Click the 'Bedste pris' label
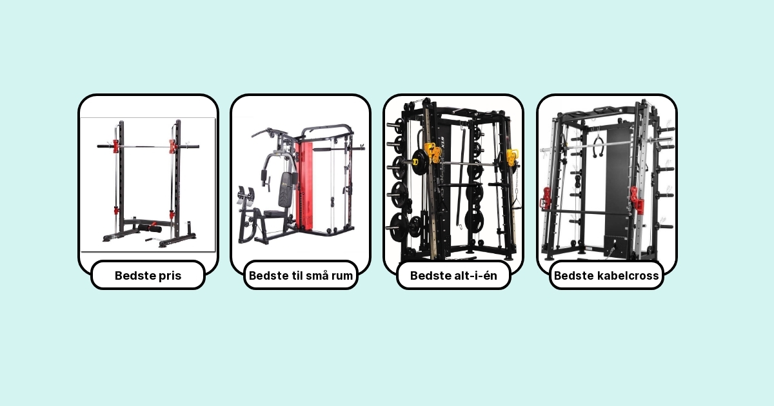148,275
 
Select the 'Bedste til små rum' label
301,275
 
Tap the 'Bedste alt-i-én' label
453,275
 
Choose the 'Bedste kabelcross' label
606,275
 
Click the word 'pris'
170,276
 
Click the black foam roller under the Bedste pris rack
150,228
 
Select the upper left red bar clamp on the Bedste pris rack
115,146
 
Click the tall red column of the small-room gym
304,186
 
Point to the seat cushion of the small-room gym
275,214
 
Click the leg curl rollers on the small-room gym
246,196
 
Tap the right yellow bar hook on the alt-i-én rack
512,157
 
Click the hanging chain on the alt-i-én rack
517,183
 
